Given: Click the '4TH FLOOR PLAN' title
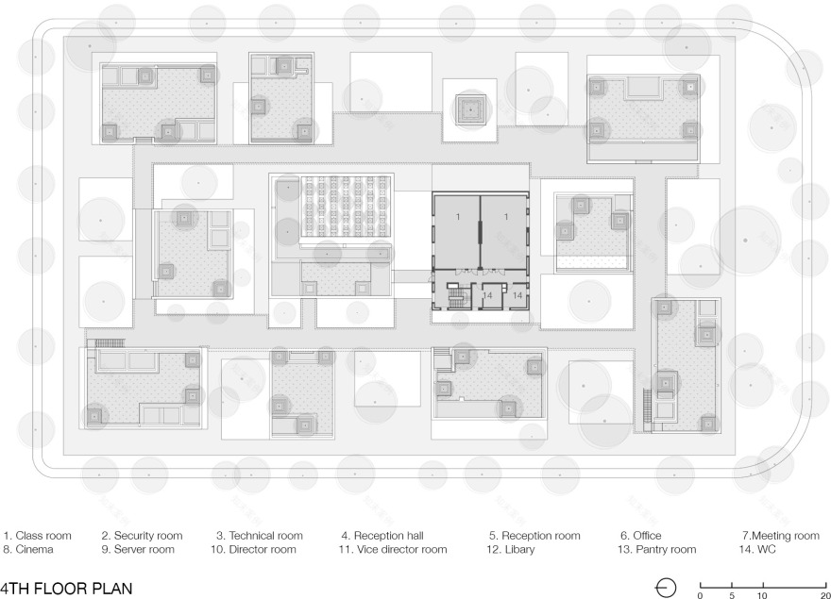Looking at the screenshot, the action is point(66,589).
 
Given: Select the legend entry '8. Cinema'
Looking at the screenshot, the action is point(28,549).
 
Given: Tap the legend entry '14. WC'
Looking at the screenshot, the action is point(757,549).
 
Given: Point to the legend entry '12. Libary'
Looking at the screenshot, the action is point(510,549).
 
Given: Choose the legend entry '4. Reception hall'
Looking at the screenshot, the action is point(382,536).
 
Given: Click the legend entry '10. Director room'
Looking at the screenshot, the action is point(253,549).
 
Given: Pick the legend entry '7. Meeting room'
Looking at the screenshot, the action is point(781,536).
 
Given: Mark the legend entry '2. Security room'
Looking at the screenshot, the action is point(142,536).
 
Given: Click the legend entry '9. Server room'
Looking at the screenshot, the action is point(138,549).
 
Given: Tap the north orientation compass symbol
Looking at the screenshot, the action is point(666,588).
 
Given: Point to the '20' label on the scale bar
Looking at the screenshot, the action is point(825,595).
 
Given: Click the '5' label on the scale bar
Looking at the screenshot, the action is point(732,595).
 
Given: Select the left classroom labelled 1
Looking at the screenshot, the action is point(457,231).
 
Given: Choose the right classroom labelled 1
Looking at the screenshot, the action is point(503,231).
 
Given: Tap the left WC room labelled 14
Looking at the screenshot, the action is point(488,295).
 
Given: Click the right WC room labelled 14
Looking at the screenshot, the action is point(517,295).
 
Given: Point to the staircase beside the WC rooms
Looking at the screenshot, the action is point(455,295).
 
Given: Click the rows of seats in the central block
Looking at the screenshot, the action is point(346,207).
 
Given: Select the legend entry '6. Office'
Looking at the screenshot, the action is point(641,536).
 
